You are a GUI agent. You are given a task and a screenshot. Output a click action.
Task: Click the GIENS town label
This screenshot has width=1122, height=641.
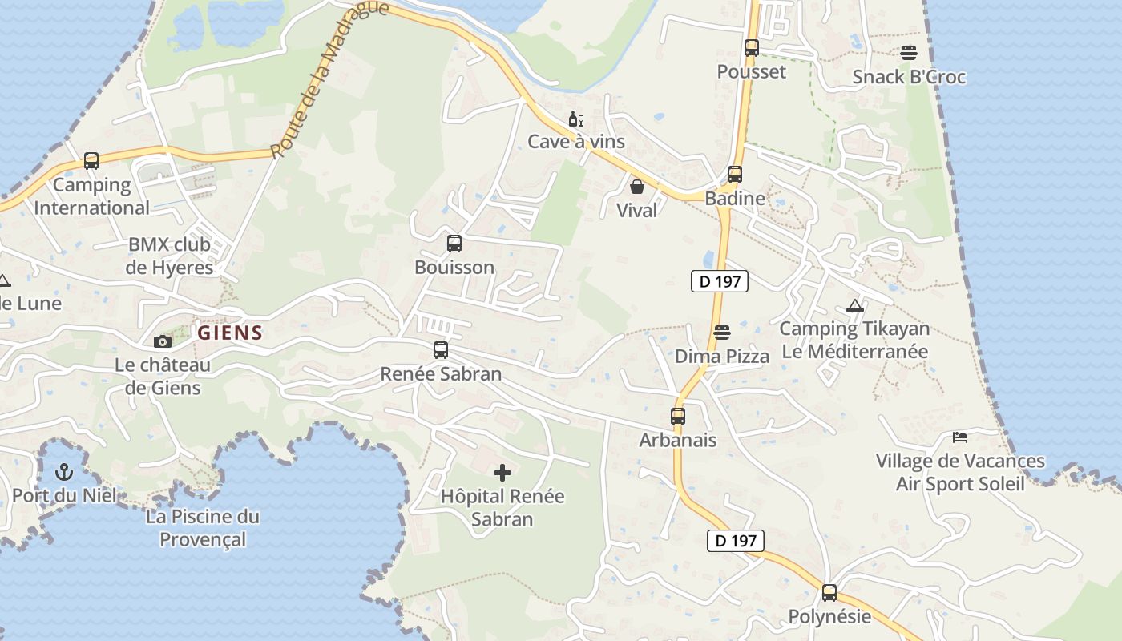(x=229, y=333)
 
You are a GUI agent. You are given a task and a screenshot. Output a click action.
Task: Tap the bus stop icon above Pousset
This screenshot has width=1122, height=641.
(x=751, y=47)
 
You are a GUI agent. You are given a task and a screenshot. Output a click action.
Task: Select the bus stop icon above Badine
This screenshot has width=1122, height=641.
(x=735, y=174)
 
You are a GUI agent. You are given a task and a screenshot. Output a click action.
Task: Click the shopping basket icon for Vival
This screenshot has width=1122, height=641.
(x=637, y=187)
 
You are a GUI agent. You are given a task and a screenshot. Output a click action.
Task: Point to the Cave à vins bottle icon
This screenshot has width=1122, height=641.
(x=575, y=119)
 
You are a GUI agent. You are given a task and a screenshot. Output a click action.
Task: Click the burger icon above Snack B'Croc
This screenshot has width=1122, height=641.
(x=909, y=53)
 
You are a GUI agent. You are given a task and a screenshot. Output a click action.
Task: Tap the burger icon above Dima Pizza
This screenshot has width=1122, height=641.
(x=722, y=332)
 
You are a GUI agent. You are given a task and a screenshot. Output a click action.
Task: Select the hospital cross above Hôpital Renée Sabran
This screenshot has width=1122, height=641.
(x=502, y=472)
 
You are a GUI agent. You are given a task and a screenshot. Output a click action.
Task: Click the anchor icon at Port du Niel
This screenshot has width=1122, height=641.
(x=64, y=471)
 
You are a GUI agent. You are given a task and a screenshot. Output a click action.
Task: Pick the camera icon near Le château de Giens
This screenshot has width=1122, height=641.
(x=163, y=341)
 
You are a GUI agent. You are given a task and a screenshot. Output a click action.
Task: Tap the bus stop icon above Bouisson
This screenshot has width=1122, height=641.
(x=454, y=243)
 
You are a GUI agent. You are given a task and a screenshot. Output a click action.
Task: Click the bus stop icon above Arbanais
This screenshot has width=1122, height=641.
(x=678, y=416)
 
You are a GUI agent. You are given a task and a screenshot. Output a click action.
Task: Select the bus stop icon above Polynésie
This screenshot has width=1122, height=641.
(x=829, y=593)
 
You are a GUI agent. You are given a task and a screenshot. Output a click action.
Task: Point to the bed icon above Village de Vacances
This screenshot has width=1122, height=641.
(x=960, y=437)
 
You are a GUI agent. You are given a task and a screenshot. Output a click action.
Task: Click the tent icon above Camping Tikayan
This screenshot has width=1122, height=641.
(x=855, y=305)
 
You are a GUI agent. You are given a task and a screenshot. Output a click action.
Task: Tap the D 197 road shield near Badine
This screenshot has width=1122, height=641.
(x=719, y=281)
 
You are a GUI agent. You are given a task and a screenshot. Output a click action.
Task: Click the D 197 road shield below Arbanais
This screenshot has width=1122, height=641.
(x=735, y=541)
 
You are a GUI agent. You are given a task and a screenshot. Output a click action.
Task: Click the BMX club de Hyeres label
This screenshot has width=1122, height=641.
(x=169, y=256)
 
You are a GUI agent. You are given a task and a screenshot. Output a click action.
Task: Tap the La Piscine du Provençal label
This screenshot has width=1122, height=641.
(x=202, y=527)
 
